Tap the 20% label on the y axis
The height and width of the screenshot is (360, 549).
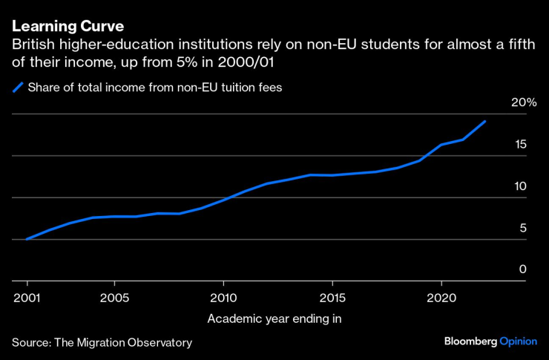click(524, 102)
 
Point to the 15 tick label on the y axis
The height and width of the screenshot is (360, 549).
click(522, 144)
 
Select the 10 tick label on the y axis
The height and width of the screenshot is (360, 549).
click(522, 186)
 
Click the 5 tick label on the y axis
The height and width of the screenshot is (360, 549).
click(523, 228)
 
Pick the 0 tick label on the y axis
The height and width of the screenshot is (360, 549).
click(523, 269)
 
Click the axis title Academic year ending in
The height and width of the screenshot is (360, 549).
click(274, 319)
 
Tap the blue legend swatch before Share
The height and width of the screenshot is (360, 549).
click(18, 88)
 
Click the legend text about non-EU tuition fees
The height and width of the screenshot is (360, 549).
click(155, 88)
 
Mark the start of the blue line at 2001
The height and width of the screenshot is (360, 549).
click(27, 239)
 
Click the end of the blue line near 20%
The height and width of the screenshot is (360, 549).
click(485, 121)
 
